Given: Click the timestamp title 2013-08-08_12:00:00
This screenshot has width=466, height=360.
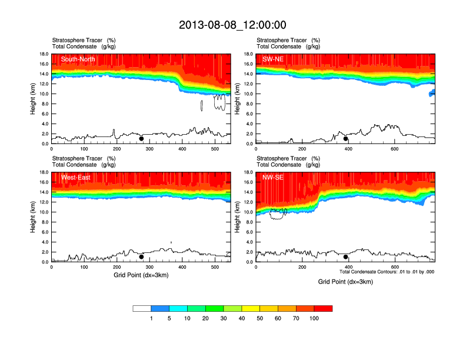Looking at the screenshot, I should pyautogui.click(x=232, y=25).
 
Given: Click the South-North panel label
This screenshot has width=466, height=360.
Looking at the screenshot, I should pyautogui.click(x=77, y=59).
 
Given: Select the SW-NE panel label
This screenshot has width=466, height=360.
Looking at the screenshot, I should pyautogui.click(x=273, y=59).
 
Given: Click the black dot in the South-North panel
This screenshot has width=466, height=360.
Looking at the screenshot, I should pyautogui.click(x=141, y=139).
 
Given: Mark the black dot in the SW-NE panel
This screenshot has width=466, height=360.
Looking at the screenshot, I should pyautogui.click(x=346, y=139).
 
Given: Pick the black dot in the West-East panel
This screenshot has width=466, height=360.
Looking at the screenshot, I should pyautogui.click(x=141, y=257).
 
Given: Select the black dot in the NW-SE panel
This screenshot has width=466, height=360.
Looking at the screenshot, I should pyautogui.click(x=346, y=257).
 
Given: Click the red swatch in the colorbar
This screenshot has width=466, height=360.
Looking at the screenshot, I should pyautogui.click(x=323, y=308).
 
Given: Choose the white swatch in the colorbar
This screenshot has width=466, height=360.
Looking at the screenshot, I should pyautogui.click(x=142, y=308).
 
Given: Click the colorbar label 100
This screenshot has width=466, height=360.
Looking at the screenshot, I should pyautogui.click(x=314, y=318).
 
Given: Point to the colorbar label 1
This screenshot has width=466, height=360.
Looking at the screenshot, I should pyautogui.click(x=151, y=318).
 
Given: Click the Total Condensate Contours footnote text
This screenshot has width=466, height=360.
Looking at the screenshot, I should pyautogui.click(x=387, y=272).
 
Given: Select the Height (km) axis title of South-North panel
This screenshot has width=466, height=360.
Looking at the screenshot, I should pyautogui.click(x=34, y=98).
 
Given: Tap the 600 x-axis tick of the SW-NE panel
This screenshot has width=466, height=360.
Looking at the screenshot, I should pyautogui.click(x=394, y=149).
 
